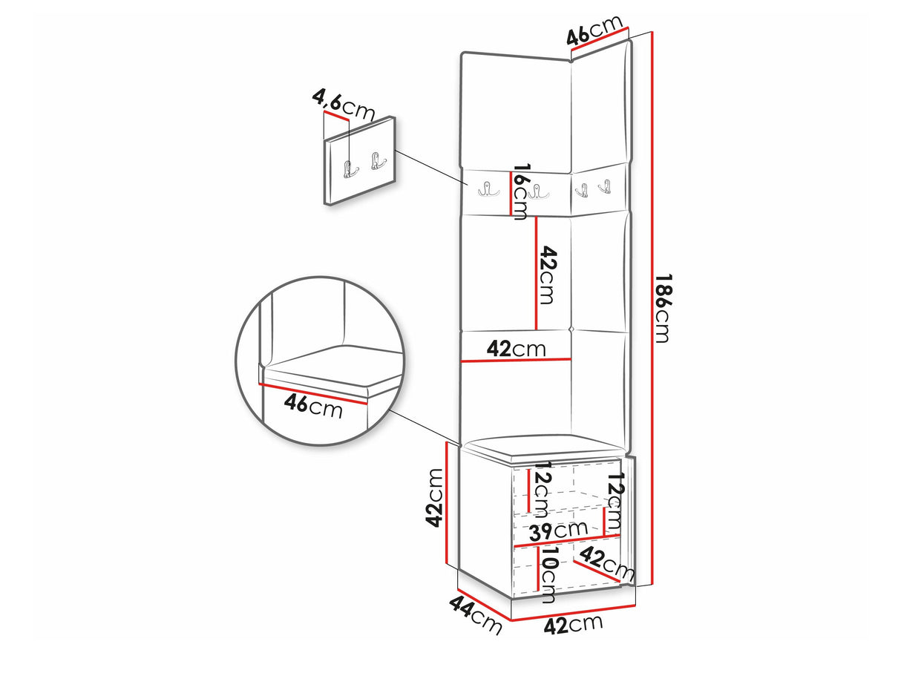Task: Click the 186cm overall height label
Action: (x=661, y=308)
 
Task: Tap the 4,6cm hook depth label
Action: (x=344, y=105)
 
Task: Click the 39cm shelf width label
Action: (x=558, y=531)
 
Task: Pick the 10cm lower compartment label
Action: (x=547, y=574)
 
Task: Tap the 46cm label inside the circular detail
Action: (x=312, y=406)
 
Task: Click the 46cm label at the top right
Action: (x=594, y=30)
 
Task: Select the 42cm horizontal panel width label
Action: (x=517, y=350)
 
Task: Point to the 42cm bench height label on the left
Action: (x=433, y=497)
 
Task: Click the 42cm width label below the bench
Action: (x=573, y=626)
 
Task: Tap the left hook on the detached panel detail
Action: (x=350, y=168)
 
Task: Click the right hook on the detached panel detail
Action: (x=378, y=160)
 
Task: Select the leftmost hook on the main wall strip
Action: (x=488, y=189)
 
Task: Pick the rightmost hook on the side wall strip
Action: (x=604, y=187)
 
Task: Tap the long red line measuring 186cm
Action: (x=652, y=308)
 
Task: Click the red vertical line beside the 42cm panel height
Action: (x=536, y=273)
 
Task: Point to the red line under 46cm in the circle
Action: (x=313, y=393)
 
